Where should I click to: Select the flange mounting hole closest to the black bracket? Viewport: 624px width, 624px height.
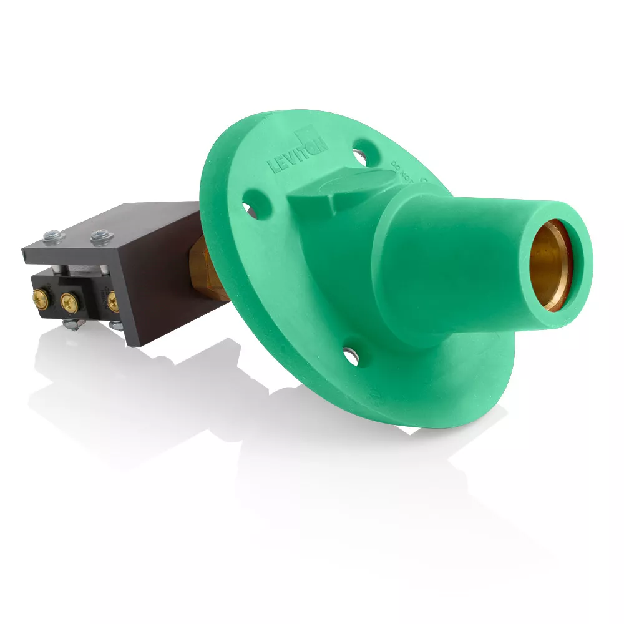(248, 206)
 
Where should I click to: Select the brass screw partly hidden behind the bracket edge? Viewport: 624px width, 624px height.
(113, 303)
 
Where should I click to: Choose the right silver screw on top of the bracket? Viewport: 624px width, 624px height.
(98, 235)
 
